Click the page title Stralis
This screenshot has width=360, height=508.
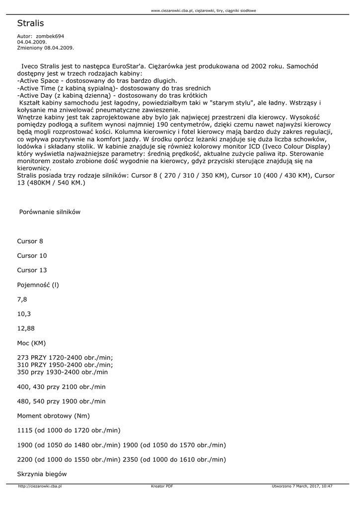[30, 23]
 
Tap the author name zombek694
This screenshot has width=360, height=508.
[50, 36]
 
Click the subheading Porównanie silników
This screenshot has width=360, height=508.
[50, 212]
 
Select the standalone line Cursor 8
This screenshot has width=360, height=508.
[30, 241]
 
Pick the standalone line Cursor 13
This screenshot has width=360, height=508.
[32, 270]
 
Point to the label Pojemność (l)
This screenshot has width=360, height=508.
[38, 285]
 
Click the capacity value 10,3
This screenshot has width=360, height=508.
[24, 314]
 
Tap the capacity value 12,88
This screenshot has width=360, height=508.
[26, 328]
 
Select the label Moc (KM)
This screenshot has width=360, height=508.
[31, 343]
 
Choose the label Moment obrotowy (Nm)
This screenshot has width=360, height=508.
[53, 416]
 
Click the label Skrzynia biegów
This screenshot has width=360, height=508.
[42, 474]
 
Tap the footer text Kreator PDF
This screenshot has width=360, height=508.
[162, 486]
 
